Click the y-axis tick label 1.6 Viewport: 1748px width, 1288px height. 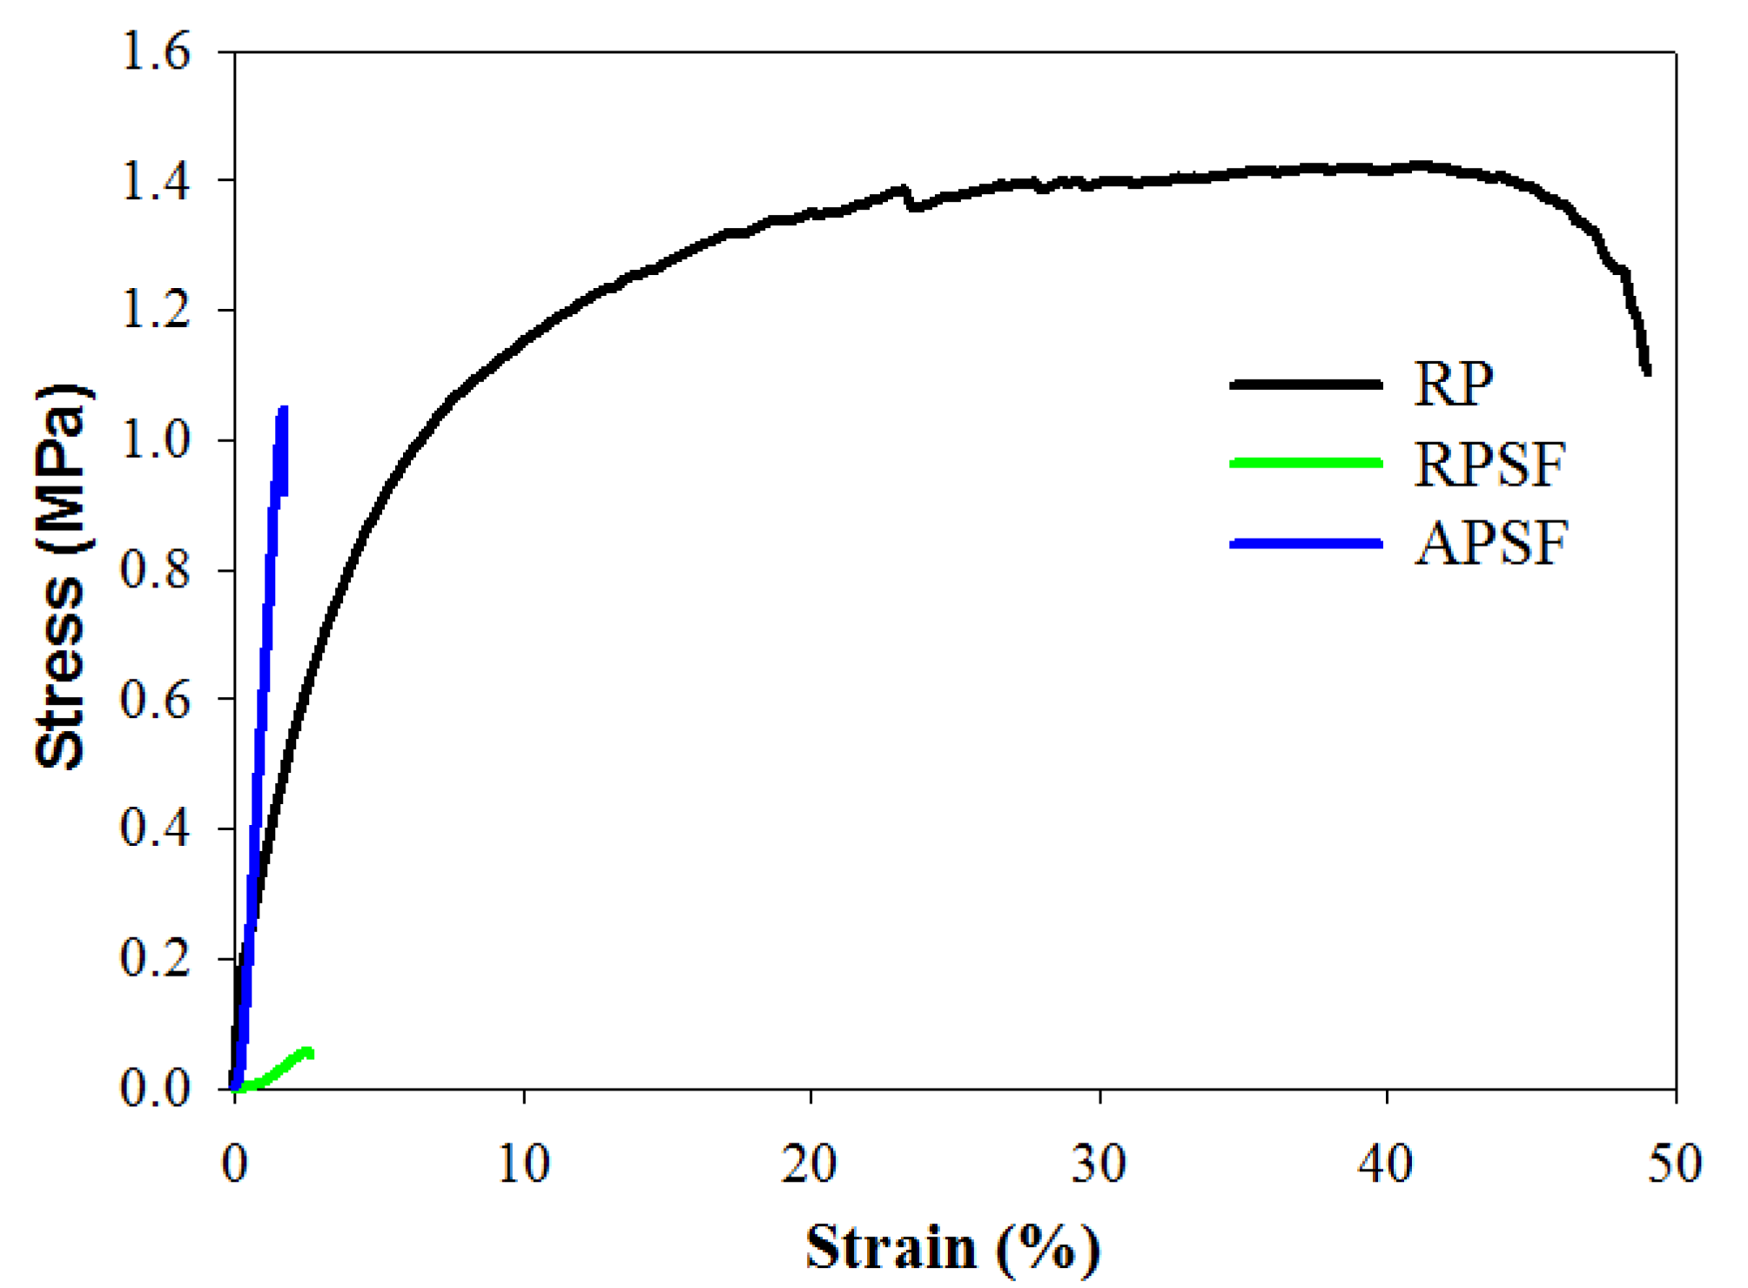click(x=155, y=51)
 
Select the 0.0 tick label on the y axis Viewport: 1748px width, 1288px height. click(x=155, y=1088)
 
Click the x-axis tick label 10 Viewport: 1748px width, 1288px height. click(x=523, y=1164)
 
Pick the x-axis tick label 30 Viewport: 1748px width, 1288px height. click(x=1099, y=1164)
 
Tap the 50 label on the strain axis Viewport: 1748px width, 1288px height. click(x=1674, y=1164)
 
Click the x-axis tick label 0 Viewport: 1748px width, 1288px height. click(x=234, y=1164)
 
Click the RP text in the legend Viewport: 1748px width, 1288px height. click(x=1453, y=384)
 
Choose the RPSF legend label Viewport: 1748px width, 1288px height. click(x=1489, y=464)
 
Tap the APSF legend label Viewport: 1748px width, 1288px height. click(x=1491, y=543)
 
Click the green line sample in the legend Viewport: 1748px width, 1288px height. click(x=1306, y=463)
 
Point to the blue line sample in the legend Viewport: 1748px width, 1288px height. click(x=1306, y=543)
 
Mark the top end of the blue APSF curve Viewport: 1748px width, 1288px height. click(x=283, y=409)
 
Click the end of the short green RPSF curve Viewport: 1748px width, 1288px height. click(x=309, y=1054)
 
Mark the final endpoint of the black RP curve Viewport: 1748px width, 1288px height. click(x=1647, y=372)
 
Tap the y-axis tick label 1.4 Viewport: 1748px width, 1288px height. click(x=155, y=181)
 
